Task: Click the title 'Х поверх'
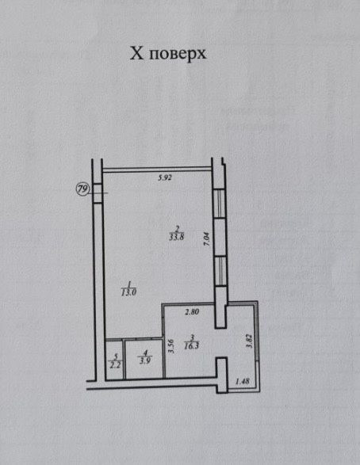click(x=168, y=54)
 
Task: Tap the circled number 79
click(x=82, y=189)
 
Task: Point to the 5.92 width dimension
click(x=165, y=178)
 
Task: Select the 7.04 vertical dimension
click(x=207, y=238)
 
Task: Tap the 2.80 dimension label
click(x=192, y=311)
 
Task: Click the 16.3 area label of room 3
click(x=191, y=345)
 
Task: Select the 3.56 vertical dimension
click(x=170, y=346)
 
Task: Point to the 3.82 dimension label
click(x=250, y=341)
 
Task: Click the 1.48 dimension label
click(x=242, y=381)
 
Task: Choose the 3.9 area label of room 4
click(x=145, y=360)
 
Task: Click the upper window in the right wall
click(x=220, y=204)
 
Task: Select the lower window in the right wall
click(x=220, y=271)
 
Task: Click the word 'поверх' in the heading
click(x=178, y=55)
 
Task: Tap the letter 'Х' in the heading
click(x=136, y=54)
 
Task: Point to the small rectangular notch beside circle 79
click(x=97, y=193)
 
